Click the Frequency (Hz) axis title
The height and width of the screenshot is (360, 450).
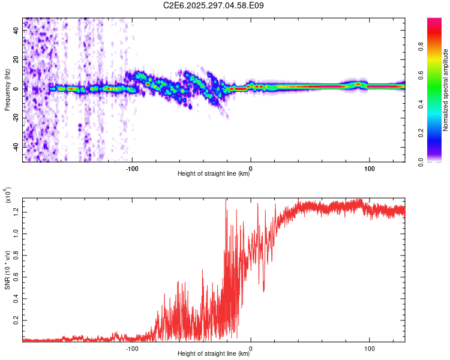coord(7,89)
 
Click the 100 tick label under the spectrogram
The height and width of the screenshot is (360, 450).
coord(370,169)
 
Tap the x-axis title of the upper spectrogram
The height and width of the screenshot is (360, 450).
coord(214,175)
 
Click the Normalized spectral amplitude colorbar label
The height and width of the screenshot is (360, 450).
coord(446,90)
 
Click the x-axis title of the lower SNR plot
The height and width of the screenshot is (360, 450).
coord(214,354)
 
